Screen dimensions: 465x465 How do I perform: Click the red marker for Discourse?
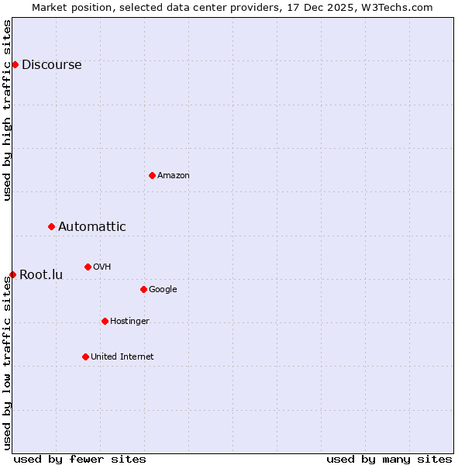[15, 64]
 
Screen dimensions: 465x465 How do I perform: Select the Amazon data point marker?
[152, 175]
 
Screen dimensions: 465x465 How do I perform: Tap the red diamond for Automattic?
[51, 226]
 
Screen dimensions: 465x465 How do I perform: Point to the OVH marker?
[88, 267]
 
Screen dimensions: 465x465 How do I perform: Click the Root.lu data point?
[12, 274]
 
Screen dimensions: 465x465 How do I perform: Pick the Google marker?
[143, 289]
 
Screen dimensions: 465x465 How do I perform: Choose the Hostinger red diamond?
[105, 321]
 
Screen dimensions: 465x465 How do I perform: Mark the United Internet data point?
[85, 356]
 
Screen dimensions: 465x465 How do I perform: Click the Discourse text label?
[51, 65]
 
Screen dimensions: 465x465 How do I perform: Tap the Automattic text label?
[91, 227]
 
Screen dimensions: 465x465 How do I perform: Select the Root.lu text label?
[41, 275]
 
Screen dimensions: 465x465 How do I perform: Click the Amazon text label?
[174, 176]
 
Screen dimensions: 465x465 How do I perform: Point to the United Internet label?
[122, 357]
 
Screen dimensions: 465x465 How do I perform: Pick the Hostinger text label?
[129, 322]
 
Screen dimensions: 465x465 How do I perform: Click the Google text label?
[163, 290]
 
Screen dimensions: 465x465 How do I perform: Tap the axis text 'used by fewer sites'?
[80, 459]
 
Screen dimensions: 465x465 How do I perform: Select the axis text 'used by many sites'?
[389, 459]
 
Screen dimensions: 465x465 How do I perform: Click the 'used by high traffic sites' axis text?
[8, 110]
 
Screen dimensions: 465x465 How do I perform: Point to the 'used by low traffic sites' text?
[8, 363]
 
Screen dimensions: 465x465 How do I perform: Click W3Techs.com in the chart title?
[394, 7]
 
